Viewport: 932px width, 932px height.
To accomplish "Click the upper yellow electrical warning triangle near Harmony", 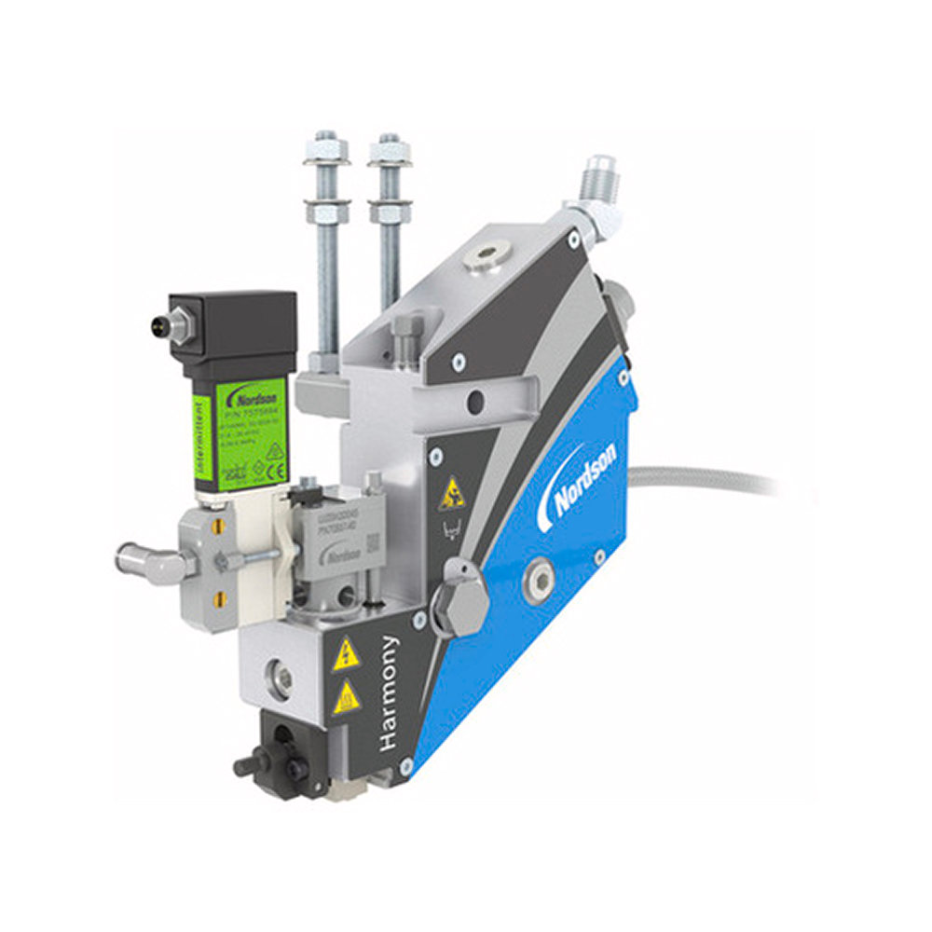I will pos(346,656).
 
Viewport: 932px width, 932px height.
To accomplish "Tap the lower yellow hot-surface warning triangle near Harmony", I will pos(346,697).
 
